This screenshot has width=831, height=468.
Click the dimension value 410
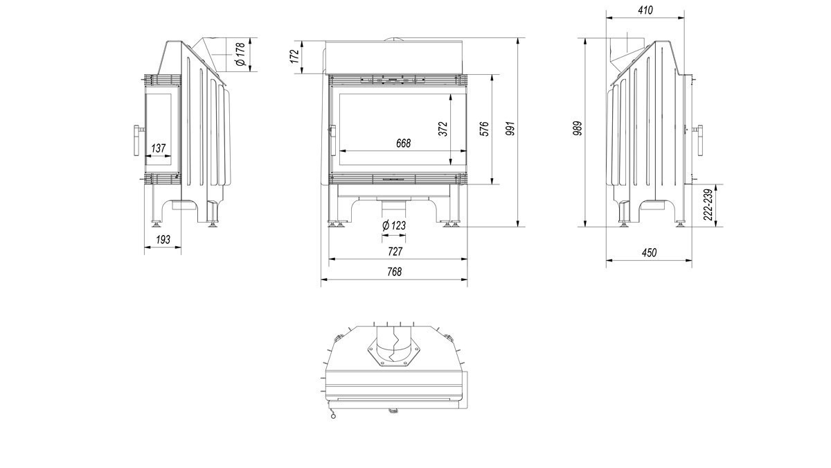point(645,10)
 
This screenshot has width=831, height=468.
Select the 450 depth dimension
point(649,253)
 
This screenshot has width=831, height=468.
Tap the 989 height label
point(578,128)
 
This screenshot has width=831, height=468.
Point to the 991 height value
point(511,128)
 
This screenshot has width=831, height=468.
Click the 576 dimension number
point(485,129)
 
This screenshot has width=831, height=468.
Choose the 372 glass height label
point(443,129)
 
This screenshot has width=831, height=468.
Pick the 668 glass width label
point(403,143)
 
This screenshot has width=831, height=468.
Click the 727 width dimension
point(395,252)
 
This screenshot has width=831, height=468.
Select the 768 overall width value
point(394,272)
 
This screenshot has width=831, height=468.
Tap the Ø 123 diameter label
point(394,225)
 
